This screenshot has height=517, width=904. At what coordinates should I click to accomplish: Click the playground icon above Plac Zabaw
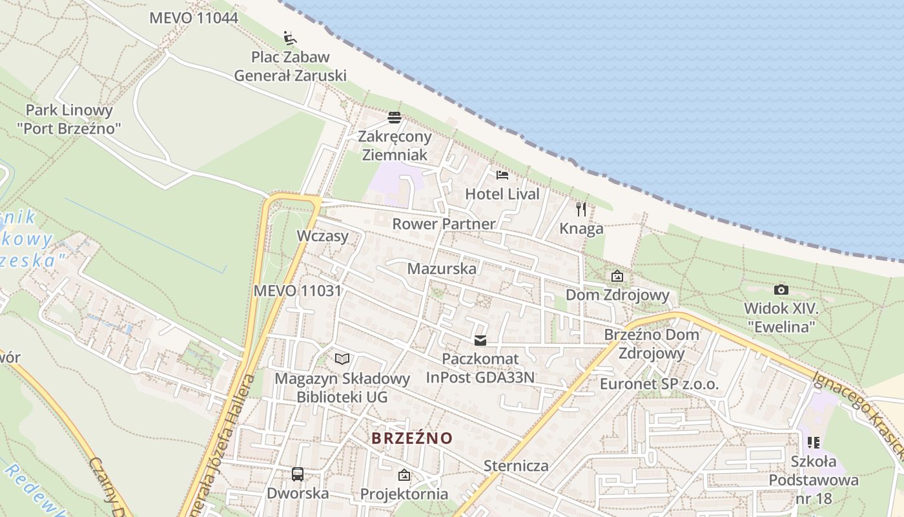click(x=290, y=38)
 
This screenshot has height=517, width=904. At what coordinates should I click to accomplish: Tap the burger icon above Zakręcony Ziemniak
click(x=395, y=118)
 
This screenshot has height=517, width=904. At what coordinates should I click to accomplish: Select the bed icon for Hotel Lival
click(x=502, y=175)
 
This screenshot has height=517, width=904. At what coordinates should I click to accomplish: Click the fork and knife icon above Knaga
click(x=581, y=209)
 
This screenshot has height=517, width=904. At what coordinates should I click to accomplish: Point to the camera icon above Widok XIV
click(x=781, y=290)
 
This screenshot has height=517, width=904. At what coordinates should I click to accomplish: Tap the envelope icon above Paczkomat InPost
click(x=480, y=341)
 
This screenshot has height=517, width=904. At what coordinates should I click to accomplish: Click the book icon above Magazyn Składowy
click(x=342, y=359)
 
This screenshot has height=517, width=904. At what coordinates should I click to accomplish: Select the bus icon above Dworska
click(x=298, y=474)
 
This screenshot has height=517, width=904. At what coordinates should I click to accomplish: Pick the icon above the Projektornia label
click(x=404, y=476)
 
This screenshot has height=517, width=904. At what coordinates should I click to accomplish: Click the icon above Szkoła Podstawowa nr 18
click(x=814, y=443)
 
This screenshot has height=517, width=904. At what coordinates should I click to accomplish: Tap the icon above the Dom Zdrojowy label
click(x=617, y=277)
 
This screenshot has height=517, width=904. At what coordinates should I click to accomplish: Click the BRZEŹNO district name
click(x=412, y=438)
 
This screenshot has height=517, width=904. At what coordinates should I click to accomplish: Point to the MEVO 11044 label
click(x=194, y=18)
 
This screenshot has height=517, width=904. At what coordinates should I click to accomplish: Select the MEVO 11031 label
click(x=297, y=291)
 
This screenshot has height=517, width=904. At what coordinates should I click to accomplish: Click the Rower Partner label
click(x=444, y=224)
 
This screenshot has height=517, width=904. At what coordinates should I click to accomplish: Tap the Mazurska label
click(x=442, y=269)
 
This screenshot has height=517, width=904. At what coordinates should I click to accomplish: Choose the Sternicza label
click(x=516, y=466)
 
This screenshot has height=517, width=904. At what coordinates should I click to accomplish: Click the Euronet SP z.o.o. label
click(x=659, y=384)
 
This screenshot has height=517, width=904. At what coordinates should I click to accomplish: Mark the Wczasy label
click(x=322, y=236)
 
